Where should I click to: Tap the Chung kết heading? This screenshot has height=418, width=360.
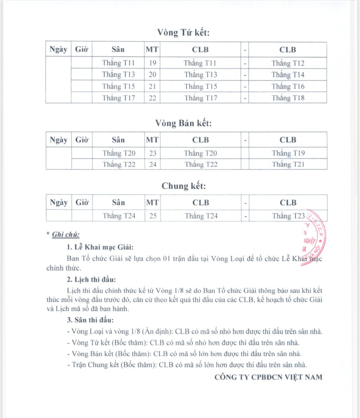(x=183, y=186)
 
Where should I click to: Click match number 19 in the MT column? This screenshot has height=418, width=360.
(x=153, y=63)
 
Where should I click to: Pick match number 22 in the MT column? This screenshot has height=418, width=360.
(x=153, y=98)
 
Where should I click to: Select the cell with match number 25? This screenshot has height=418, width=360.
(x=153, y=216)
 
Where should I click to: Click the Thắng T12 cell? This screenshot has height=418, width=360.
(x=288, y=63)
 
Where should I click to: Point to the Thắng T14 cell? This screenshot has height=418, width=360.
(x=288, y=75)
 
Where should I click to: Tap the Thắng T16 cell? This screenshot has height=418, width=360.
(x=288, y=87)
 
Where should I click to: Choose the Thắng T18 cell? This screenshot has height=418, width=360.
(x=288, y=98)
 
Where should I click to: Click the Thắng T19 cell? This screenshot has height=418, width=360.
(x=288, y=153)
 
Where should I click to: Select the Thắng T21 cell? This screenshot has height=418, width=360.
(x=288, y=165)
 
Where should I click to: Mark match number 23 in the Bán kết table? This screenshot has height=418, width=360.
(x=153, y=153)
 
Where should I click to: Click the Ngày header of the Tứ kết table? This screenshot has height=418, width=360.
(x=58, y=50)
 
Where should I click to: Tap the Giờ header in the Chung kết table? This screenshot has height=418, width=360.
(x=82, y=202)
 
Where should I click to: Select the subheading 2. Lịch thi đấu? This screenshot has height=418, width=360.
(x=91, y=280)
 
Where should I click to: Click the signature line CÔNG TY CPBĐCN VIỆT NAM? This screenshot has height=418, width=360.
(x=268, y=377)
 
